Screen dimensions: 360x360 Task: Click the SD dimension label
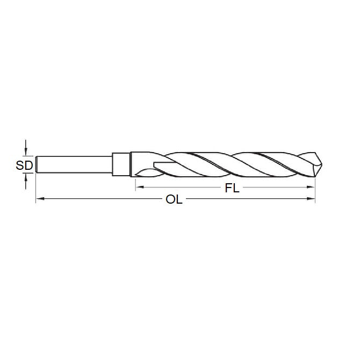click(25, 165)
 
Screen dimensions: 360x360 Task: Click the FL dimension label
click(232, 188)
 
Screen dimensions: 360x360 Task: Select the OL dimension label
click(174, 200)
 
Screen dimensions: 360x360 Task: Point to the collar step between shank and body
click(121, 164)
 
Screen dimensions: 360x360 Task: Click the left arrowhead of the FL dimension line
click(138, 187)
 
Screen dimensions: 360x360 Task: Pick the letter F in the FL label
click(228, 188)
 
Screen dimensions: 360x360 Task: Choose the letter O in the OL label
click(170, 200)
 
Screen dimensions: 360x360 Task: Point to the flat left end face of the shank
click(36, 164)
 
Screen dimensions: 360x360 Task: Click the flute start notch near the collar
click(156, 164)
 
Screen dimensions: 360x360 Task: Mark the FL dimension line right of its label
click(274, 187)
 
